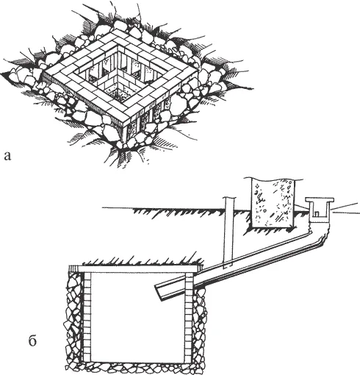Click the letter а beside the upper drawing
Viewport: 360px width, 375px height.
[x=7, y=156]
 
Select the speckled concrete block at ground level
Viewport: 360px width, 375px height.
[x=273, y=203]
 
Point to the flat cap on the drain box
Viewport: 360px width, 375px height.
[x=320, y=199]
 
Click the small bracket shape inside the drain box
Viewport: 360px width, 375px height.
[x=317, y=214]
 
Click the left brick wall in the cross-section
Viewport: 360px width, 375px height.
[x=87, y=316]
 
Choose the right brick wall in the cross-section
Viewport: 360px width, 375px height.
[x=190, y=318]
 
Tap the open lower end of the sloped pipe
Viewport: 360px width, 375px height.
[x=159, y=293]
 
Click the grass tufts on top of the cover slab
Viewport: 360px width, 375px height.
[x=142, y=261]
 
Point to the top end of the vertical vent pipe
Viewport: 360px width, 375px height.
[x=229, y=197]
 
